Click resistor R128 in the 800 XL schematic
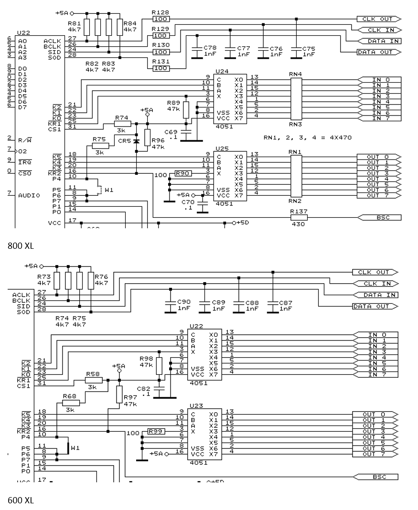coord(161,19)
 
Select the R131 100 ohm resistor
coord(161,68)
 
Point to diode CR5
coord(137,141)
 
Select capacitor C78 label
coord(210,48)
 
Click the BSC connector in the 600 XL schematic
coord(377,477)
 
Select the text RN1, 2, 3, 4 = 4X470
coord(307,137)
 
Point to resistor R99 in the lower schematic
coord(156,431)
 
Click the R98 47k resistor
coord(159,366)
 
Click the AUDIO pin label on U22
coord(29,195)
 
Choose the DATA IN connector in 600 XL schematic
coord(378,295)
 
